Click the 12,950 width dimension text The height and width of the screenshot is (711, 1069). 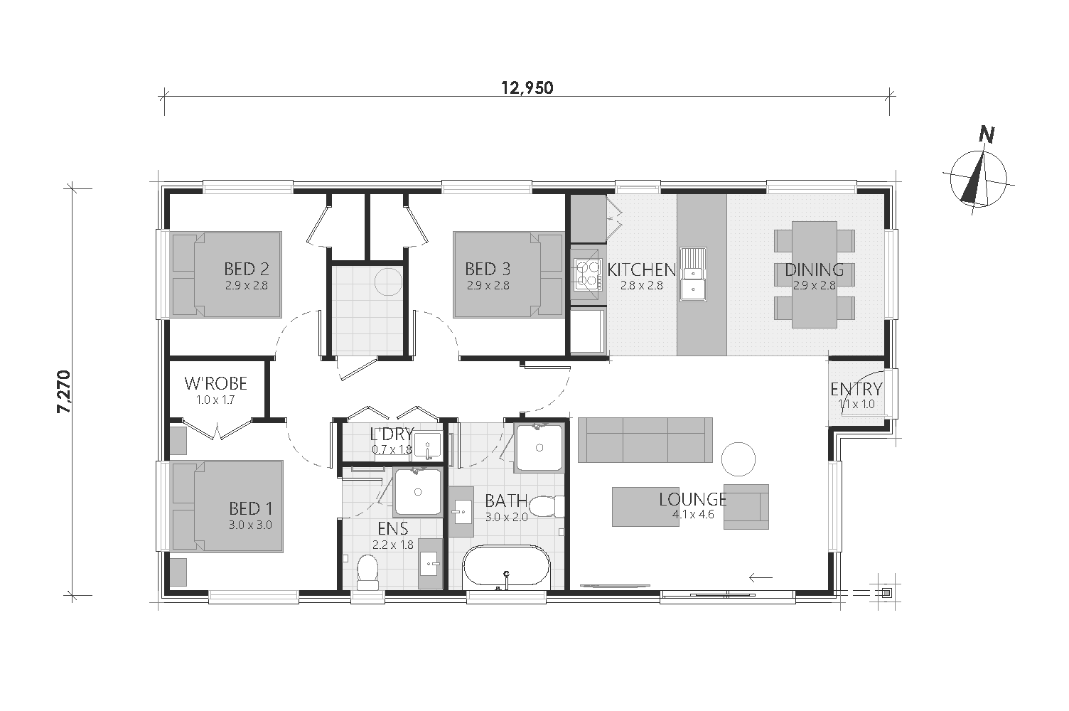tap(527, 88)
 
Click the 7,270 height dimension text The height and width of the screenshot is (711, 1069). tap(63, 392)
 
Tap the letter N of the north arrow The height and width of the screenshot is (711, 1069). tap(987, 135)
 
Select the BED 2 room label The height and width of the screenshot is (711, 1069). tap(246, 269)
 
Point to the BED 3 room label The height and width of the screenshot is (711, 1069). tap(488, 269)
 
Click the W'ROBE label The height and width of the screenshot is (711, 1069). tap(215, 383)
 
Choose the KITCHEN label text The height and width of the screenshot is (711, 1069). tap(641, 269)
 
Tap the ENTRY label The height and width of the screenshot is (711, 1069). tap(856, 389)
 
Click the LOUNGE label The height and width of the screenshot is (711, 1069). tap(693, 499)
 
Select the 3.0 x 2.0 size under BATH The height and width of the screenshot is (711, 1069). tap(506, 517)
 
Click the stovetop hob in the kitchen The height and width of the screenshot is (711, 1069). tap(588, 274)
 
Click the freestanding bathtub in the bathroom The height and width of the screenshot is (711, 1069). tap(506, 568)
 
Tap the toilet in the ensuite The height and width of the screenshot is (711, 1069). tap(367, 572)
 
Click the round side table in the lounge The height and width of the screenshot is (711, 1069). tap(738, 459)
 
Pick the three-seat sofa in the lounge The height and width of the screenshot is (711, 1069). tap(645, 440)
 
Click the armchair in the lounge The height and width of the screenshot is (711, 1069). tap(746, 507)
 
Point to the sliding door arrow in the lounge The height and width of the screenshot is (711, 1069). tap(761, 578)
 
